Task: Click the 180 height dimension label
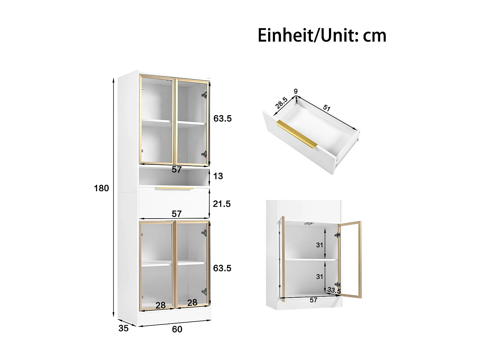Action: [x=101, y=188]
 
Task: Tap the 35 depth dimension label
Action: [x=124, y=328]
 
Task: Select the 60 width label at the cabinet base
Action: [x=177, y=329]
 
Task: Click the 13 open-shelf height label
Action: [x=218, y=176]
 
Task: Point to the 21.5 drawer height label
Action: [x=222, y=204]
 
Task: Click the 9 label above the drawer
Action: [x=296, y=92]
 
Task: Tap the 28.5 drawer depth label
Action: [x=281, y=103]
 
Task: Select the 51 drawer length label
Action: [x=326, y=108]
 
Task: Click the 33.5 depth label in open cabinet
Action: [x=334, y=291]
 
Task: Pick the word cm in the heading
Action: [x=374, y=36]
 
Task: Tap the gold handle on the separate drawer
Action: [x=297, y=134]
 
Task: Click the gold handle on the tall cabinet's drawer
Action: [x=175, y=188]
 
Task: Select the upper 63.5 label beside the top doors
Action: [x=222, y=118]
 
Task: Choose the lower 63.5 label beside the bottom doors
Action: [x=222, y=268]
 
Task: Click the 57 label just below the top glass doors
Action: [x=177, y=170]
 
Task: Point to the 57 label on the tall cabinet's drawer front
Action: [x=177, y=213]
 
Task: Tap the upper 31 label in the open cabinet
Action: [x=319, y=245]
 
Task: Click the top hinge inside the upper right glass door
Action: [x=204, y=94]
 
